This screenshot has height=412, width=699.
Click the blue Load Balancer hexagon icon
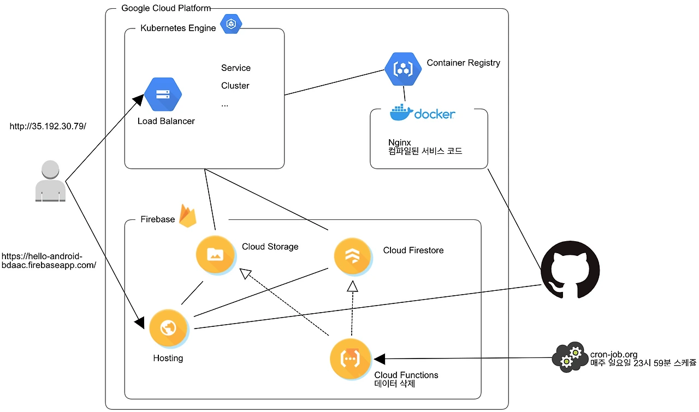[x=163, y=94]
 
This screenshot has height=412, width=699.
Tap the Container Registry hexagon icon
[x=403, y=69]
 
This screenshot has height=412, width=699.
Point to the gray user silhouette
[x=50, y=181]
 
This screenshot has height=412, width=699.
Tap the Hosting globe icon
[x=168, y=328]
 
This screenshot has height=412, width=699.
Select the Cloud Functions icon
[x=349, y=359]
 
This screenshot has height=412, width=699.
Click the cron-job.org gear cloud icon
[x=570, y=357]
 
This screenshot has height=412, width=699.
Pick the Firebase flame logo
[x=188, y=216]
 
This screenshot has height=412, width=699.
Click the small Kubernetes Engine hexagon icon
[x=230, y=24]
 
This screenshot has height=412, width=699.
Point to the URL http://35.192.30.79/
[x=48, y=126]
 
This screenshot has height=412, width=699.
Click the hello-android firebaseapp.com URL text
[x=49, y=260]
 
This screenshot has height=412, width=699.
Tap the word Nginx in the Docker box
[x=399, y=142]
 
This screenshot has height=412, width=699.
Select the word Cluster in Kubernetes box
[x=235, y=86]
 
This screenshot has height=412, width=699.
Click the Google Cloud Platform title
[x=165, y=8]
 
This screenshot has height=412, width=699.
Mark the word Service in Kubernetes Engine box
[x=235, y=68]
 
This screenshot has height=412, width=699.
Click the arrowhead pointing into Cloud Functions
[x=379, y=359]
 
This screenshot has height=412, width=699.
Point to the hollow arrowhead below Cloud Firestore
[x=353, y=286]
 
